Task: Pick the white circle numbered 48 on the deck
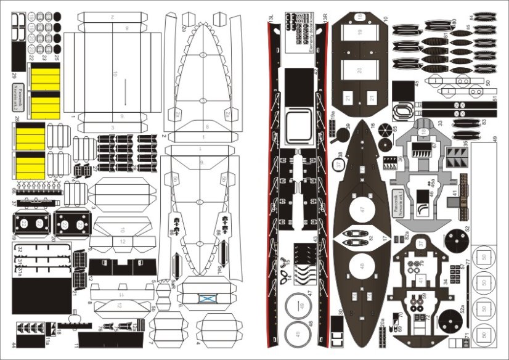point(362,268)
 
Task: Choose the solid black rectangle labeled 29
point(18,56)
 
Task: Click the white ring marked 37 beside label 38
point(339,165)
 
